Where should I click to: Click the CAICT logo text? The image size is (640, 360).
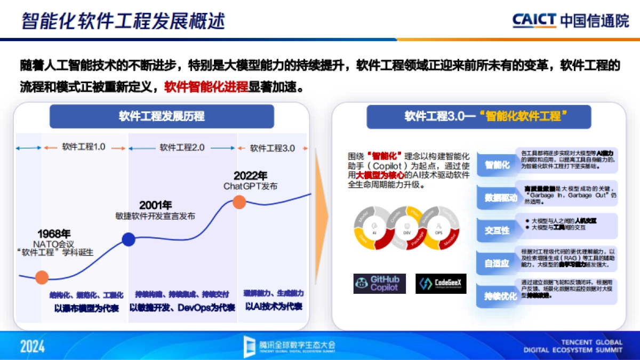tap(534, 20)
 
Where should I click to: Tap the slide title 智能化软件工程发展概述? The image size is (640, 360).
tap(123, 20)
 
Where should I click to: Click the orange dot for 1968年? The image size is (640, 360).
tap(42, 277)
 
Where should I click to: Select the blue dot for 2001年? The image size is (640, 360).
tap(128, 239)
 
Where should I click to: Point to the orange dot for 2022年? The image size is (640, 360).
tap(239, 202)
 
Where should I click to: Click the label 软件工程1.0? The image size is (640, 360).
tap(84, 147)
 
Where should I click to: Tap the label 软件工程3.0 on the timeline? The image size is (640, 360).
tap(272, 148)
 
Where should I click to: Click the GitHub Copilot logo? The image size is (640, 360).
tap(379, 284)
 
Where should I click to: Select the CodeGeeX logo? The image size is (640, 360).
tap(441, 284)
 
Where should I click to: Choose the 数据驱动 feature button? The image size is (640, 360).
tap(500, 198)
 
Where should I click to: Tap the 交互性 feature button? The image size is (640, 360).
tap(497, 230)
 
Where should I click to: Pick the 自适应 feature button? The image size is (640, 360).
tap(497, 263)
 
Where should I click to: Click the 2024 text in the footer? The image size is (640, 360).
tap(33, 346)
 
